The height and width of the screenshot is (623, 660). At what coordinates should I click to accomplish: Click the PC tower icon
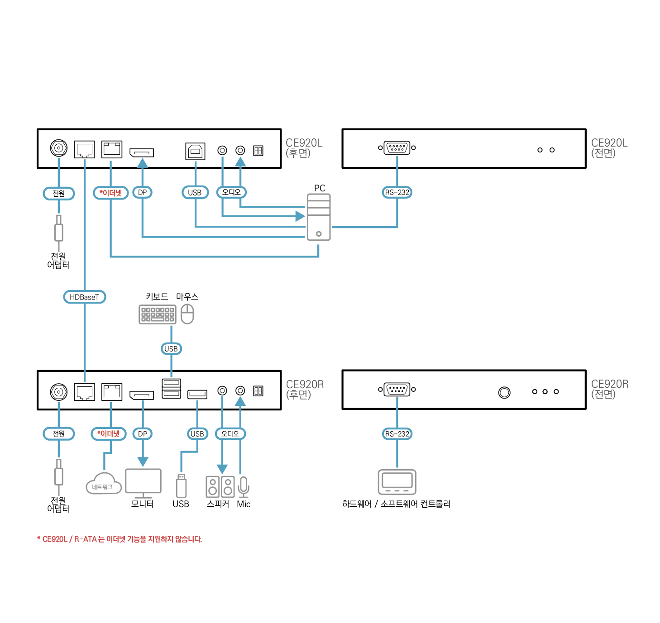coord(319,217)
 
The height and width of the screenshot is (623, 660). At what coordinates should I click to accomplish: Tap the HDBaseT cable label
coord(84,297)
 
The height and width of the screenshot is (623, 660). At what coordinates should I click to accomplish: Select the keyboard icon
coord(157,314)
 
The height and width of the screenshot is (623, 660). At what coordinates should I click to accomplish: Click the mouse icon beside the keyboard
coord(187,314)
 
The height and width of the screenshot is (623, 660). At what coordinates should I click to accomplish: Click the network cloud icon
coord(104,484)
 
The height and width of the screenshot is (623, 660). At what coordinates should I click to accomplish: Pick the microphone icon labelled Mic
coord(244,487)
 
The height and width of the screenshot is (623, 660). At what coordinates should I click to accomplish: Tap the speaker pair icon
coord(220,486)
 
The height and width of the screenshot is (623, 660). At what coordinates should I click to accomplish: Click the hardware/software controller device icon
coord(397,482)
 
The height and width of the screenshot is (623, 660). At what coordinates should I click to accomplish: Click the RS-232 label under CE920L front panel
coord(397,192)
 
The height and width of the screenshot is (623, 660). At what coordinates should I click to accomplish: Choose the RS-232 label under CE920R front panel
coord(397,434)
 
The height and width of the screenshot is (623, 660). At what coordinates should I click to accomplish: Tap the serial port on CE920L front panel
coord(397,147)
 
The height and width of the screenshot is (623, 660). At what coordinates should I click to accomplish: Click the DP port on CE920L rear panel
coord(142,152)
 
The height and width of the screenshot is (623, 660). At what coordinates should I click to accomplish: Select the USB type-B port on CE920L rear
coord(195,151)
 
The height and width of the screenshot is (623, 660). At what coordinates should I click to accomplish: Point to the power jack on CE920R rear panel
coord(58,392)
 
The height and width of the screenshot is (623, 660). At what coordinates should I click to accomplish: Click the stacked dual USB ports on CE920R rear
coord(171,388)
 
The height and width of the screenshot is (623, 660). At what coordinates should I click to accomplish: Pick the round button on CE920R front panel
coord(504,392)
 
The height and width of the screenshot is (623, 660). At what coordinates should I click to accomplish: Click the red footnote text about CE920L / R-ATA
coord(120,539)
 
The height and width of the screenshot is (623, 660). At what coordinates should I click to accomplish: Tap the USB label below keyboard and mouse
coord(171,349)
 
